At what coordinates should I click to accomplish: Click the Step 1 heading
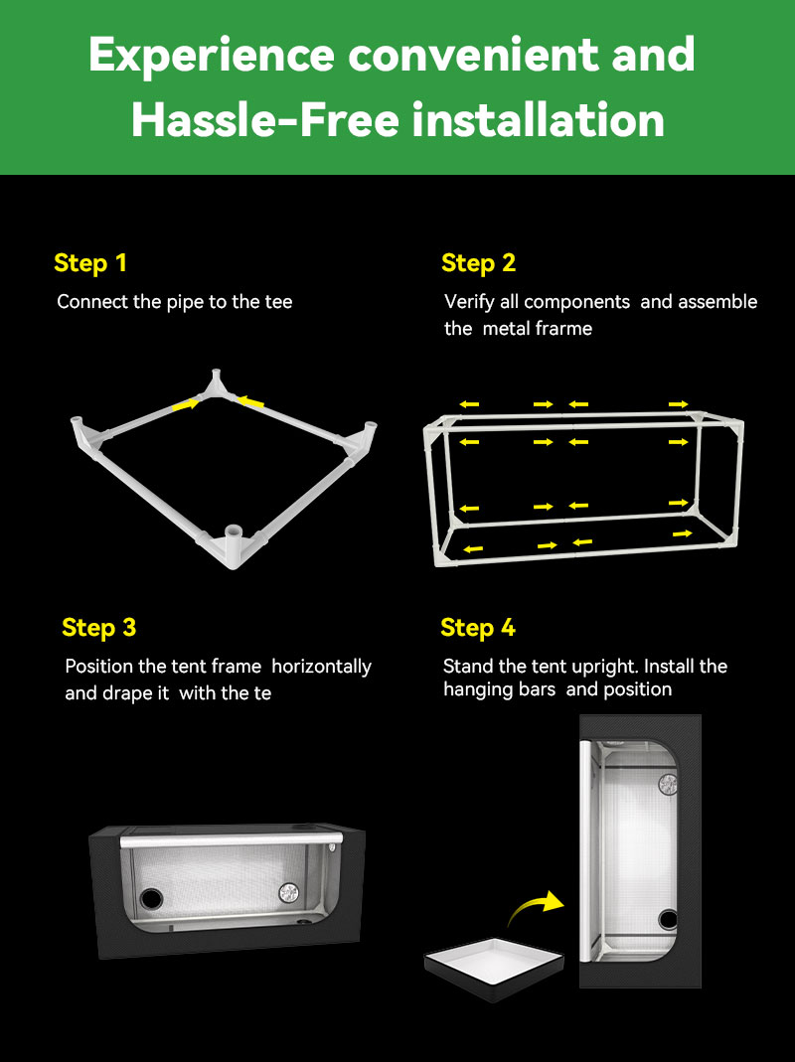(x=90, y=263)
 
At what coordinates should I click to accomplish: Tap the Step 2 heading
(x=479, y=263)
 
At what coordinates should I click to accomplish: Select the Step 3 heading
(x=99, y=627)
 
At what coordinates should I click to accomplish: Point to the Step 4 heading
(x=478, y=627)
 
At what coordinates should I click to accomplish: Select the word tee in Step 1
(x=278, y=302)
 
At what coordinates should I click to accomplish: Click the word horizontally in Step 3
(x=321, y=667)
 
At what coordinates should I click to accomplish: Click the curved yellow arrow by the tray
(x=536, y=908)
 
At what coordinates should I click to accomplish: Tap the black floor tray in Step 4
(x=494, y=968)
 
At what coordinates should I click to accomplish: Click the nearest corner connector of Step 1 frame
(x=234, y=544)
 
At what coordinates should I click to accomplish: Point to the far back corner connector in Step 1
(x=217, y=384)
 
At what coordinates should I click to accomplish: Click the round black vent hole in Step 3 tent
(x=151, y=899)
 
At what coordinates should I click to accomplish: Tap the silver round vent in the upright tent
(x=668, y=784)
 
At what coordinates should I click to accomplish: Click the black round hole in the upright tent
(x=668, y=920)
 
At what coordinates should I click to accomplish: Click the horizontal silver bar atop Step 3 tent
(x=230, y=840)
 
